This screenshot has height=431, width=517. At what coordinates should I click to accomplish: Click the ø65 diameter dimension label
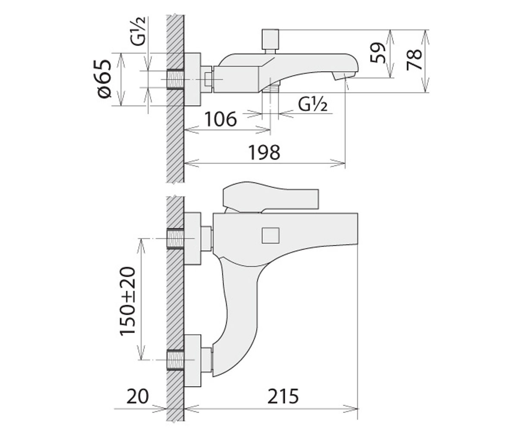[x=104, y=79]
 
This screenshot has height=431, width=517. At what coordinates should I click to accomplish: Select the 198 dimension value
[x=264, y=152]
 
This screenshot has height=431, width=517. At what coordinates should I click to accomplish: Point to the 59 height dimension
[x=377, y=56]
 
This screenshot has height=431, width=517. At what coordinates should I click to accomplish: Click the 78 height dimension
[x=414, y=59]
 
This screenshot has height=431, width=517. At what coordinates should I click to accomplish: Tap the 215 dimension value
[x=283, y=397]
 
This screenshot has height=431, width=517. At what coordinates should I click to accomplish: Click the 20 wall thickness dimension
[x=138, y=397]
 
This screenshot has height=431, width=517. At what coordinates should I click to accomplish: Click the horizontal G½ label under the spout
[x=312, y=104]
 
